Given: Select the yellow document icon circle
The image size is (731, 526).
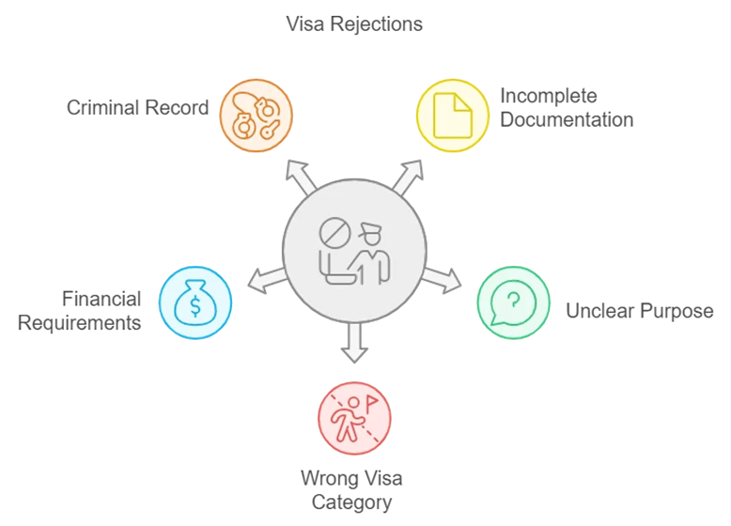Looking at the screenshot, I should click(453, 115).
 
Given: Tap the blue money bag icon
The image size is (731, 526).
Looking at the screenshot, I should click(195, 302).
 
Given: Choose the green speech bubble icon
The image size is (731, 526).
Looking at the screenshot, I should click(513, 302).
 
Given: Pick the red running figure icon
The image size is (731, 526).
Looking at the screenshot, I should click(354, 418).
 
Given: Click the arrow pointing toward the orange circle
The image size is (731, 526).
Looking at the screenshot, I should click(300, 175).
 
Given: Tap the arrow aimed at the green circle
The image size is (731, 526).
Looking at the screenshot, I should click(444, 279).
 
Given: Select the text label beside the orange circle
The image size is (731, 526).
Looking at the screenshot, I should click(135, 109).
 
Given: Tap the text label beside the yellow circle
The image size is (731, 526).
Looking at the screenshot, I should click(566, 106).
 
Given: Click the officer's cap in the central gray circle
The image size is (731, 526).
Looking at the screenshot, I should click(368, 227).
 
